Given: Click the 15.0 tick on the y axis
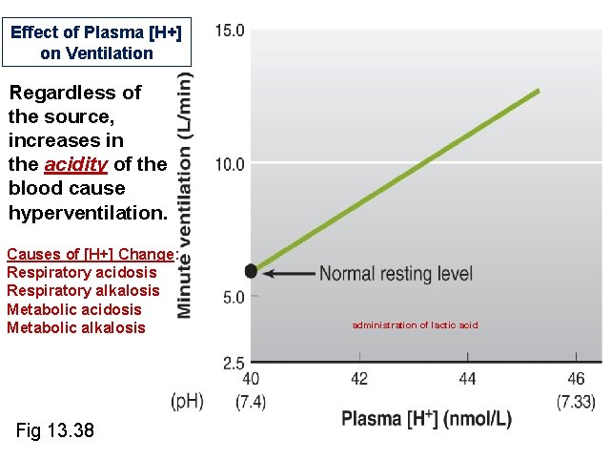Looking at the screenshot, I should pyautogui.click(x=230, y=31).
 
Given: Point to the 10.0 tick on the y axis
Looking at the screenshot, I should pyautogui.click(x=230, y=164).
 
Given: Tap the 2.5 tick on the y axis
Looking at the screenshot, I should pyautogui.click(x=234, y=364).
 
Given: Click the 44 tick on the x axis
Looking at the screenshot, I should pyautogui.click(x=467, y=379).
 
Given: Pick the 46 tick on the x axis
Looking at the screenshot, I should pyautogui.click(x=576, y=379).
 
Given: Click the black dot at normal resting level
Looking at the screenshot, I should pyautogui.click(x=251, y=271).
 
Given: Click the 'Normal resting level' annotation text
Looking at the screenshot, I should pyautogui.click(x=396, y=274).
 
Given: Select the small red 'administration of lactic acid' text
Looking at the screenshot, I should pyautogui.click(x=415, y=325).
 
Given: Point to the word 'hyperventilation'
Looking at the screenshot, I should pyautogui.click(x=87, y=212).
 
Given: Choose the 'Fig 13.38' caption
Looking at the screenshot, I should pyautogui.click(x=55, y=431).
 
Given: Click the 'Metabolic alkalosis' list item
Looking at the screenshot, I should pyautogui.click(x=76, y=327).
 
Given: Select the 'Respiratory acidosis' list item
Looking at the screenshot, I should pyautogui.click(x=81, y=273).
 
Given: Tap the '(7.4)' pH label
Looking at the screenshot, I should pyautogui.click(x=250, y=402).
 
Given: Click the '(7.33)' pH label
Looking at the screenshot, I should pyautogui.click(x=576, y=402).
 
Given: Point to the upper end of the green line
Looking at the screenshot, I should pyautogui.click(x=539, y=91).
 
